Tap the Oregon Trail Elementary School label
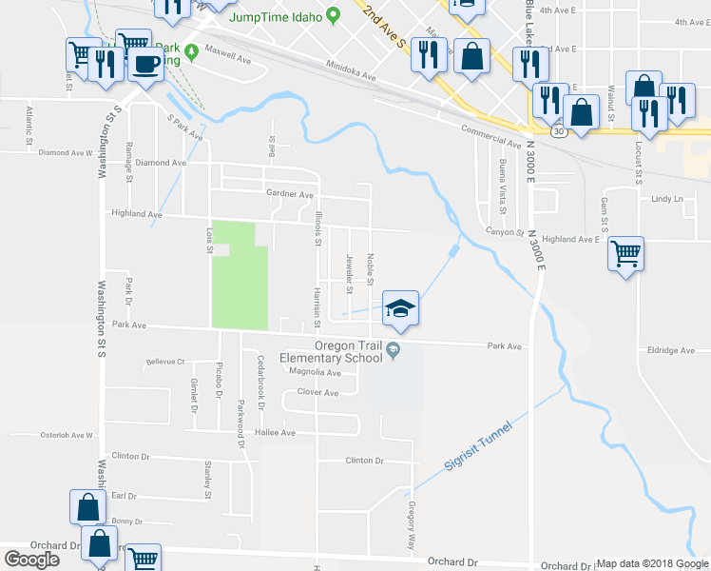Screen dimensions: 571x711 pos(330,351)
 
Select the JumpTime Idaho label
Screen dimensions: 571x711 pos(272,15)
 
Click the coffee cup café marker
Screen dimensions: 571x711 pos(145,63)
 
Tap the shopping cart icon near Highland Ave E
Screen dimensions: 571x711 pos(625,253)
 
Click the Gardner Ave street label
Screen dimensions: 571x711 pos(290,194)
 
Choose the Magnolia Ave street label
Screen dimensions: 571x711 pos(316,372)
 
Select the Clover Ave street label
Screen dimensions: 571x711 pos(317,392)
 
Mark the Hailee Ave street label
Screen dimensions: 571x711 pos(275,432)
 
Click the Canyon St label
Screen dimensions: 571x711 pos(505,231)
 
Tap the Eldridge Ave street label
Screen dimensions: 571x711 pos(671,350)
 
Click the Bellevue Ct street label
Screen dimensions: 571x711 pos(165,363)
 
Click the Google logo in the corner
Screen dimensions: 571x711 pos(31,559)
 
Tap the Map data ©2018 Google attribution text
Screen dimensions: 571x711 pos(652,563)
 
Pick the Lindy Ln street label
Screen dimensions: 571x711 pos(667,199)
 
